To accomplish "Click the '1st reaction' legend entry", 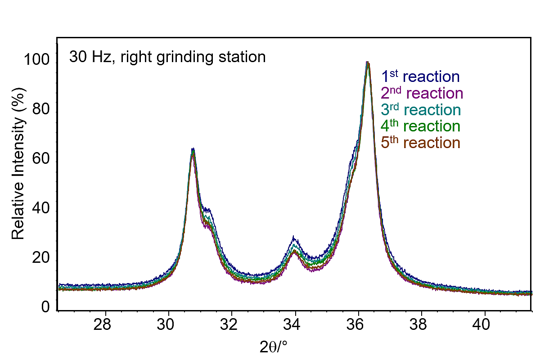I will pos(420,77).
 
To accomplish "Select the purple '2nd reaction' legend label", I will pos(422,94).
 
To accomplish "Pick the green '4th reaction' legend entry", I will pos(420,126).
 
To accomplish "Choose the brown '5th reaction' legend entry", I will pos(420,143).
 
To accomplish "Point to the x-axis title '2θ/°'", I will pos(273,347).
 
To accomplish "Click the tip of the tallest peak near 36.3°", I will pos(368,63).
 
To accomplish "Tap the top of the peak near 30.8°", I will pos(193,149).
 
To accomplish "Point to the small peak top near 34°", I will pos(293,237).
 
